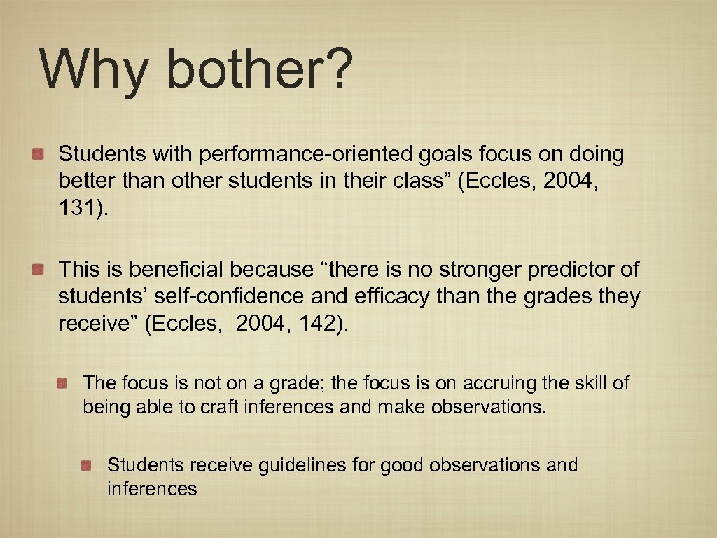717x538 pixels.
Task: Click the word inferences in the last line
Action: pos(152,488)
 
